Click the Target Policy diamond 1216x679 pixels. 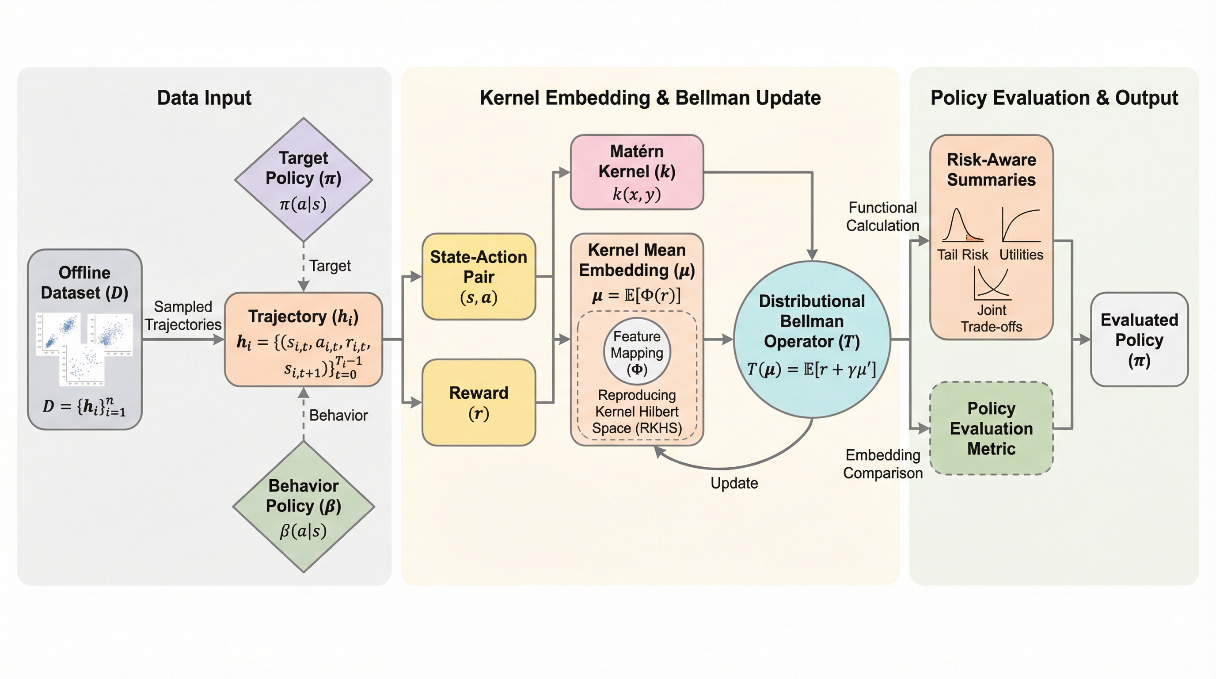[304, 179]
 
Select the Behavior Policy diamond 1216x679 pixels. [304, 507]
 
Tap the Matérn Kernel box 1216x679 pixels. [637, 172]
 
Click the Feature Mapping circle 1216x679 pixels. [637, 352]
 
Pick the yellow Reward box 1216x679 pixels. [479, 402]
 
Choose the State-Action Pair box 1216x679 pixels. [479, 276]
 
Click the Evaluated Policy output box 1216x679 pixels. [1139, 339]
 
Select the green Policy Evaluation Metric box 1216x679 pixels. [991, 428]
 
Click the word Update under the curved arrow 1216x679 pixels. [734, 483]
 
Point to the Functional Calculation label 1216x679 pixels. [882, 217]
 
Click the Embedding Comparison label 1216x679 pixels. [882, 464]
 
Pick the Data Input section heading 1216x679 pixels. [204, 98]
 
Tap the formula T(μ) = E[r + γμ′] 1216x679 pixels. [811, 369]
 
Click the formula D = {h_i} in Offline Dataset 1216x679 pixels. [84, 406]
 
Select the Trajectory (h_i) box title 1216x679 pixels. [303, 317]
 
